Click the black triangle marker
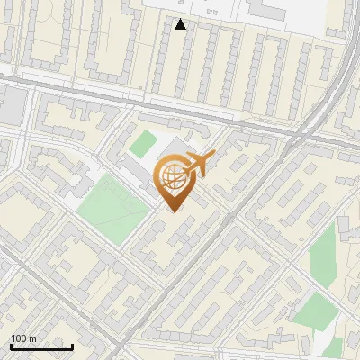[x=181, y=24]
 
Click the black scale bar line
[x=41, y=346]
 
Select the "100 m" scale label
[x=23, y=338]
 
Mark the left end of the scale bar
[x=11, y=346]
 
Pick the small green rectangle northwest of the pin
[x=142, y=142]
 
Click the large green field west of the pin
[x=112, y=204]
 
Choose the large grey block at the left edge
[x=11, y=105]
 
